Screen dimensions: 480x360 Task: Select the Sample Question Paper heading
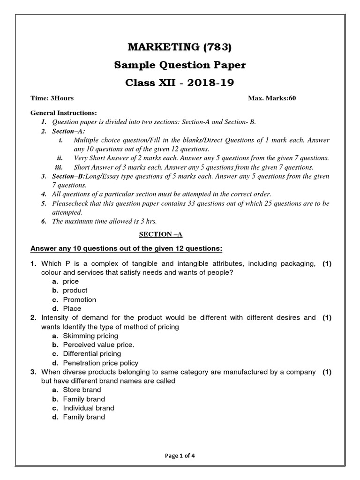[x=180, y=65]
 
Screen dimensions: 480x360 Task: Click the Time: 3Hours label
[x=52, y=98]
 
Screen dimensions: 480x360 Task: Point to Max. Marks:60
[x=271, y=98]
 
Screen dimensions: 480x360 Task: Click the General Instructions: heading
[x=63, y=113]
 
